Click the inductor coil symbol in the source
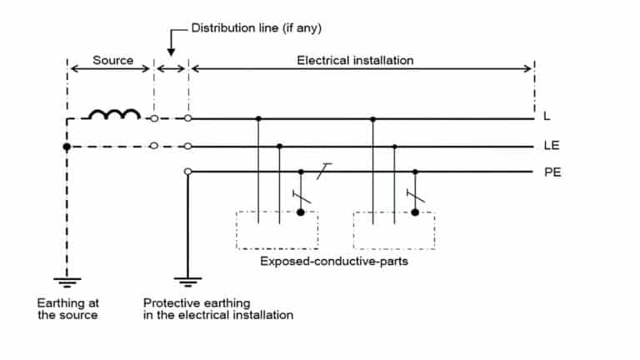tap(114, 115)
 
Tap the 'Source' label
tap(112, 61)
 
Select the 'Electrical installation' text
tap(355, 61)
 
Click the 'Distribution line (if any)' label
tap(257, 27)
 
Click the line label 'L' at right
tap(547, 118)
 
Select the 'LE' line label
tap(550, 146)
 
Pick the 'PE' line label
tap(550, 173)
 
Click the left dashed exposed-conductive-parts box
tap(277, 230)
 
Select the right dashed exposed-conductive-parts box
tap(393, 230)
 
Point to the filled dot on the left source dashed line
tap(67, 147)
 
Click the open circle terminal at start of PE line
tap(187, 172)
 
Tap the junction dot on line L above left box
tap(258, 119)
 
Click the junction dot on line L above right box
tap(372, 119)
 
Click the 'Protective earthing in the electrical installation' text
tap(217, 308)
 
